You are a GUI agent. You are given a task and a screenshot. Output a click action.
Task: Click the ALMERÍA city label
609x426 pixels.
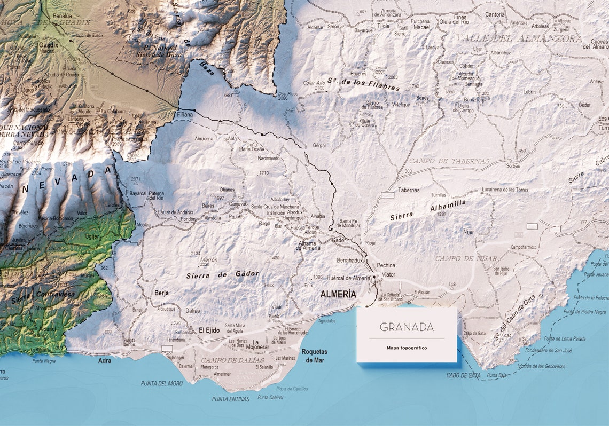pos(338,294)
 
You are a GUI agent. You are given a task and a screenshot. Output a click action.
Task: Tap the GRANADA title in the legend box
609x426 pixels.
pos(407,327)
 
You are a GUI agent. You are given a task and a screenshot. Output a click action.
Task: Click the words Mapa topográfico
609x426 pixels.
pos(407,348)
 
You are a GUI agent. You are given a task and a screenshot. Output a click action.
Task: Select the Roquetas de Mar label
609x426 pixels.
pos(314,356)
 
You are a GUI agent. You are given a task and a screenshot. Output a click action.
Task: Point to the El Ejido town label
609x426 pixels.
pos(209,330)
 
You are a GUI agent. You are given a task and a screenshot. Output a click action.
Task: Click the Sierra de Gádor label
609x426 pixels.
pos(223,275)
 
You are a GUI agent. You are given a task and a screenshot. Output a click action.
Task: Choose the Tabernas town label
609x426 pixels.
pos(409,190)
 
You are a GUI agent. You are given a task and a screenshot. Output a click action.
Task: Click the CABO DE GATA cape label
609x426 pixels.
pos(463,375)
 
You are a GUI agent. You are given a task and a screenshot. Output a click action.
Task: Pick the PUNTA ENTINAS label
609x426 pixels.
pos(230,399)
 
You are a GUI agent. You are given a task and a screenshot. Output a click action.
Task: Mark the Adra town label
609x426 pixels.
pos(105,361)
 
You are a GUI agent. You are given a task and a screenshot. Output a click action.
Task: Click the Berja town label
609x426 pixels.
pos(161,293)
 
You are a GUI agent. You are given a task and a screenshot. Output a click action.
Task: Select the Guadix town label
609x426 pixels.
pos(48,45)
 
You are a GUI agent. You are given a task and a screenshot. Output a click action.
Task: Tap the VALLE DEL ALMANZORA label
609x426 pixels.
pos(519,39)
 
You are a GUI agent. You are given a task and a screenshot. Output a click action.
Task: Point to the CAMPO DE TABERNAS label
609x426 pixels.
pos(449,161)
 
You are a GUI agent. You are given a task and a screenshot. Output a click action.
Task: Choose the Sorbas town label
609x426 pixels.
pos(512,166)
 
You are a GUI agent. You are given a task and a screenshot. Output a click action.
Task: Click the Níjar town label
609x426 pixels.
pos(469,232)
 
